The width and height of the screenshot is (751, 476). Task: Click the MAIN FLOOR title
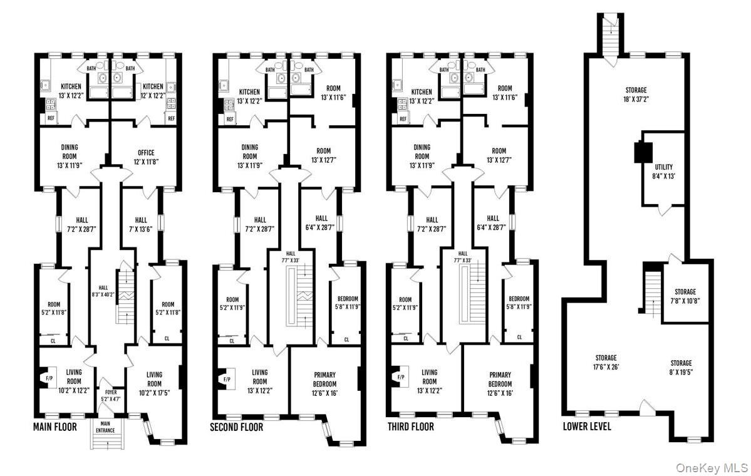[x=54, y=427]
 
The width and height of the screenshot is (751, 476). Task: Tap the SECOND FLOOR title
[x=237, y=427]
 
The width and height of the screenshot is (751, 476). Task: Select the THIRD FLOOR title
[x=410, y=427]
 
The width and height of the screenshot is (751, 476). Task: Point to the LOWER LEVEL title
[x=587, y=426]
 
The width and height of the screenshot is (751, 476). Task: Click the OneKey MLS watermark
[x=712, y=468]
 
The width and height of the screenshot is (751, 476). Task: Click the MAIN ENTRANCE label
[x=105, y=427]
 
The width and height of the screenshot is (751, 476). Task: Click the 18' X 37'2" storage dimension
[x=636, y=100]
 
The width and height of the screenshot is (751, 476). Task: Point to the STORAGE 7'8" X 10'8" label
[x=685, y=296]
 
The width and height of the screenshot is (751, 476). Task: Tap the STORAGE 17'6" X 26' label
[x=606, y=362]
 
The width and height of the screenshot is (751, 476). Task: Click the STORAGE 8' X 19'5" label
[x=681, y=367]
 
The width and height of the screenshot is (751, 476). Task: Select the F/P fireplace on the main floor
[x=48, y=377]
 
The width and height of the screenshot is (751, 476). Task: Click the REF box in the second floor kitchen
[x=230, y=119]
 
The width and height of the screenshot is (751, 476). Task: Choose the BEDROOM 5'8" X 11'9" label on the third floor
[x=519, y=302]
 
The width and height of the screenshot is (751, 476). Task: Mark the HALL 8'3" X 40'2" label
[x=103, y=291]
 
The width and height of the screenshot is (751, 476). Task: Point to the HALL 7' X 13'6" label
[x=141, y=224]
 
